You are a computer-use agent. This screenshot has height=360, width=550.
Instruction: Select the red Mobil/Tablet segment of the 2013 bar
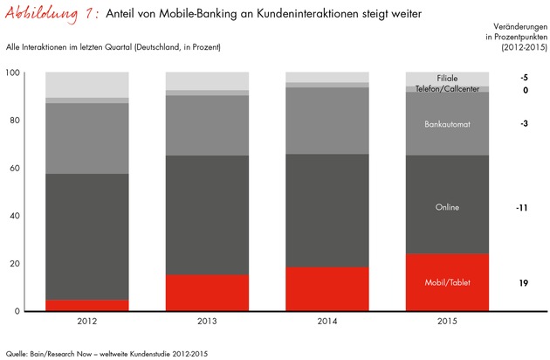(206, 293)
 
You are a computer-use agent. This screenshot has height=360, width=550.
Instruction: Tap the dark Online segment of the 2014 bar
(327, 210)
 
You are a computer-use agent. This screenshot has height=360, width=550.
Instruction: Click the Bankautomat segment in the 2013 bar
(206, 125)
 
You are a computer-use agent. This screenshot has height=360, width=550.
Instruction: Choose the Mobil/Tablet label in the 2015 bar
(447, 283)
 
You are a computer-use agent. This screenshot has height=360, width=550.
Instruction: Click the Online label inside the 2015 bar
(447, 207)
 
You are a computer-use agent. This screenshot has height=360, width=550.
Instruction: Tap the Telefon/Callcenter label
(447, 89)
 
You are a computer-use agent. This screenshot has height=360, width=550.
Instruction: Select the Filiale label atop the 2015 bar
(447, 79)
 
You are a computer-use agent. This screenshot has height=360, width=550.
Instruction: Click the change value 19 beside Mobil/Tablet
(523, 283)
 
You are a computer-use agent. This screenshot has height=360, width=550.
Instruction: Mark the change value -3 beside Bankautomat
(523, 124)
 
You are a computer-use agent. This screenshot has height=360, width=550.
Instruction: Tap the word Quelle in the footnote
(17, 353)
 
